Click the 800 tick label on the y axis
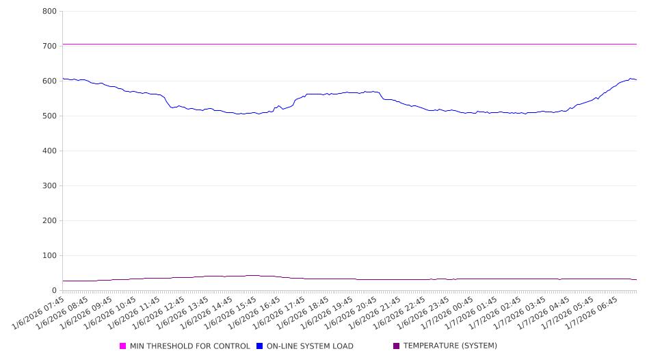click(49, 12)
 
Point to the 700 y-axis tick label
click(49, 47)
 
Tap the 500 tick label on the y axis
click(49, 116)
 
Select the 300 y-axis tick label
click(49, 186)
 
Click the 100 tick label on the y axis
click(49, 256)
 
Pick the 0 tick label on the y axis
click(53, 291)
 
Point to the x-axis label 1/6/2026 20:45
click(354, 312)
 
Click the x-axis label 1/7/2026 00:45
click(449, 312)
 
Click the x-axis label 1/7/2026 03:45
click(521, 312)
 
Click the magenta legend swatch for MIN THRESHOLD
click(123, 346)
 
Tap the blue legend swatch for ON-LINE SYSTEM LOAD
click(260, 346)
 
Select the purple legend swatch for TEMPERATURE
click(397, 346)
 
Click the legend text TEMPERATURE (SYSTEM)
click(450, 346)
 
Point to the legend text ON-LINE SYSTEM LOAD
click(310, 346)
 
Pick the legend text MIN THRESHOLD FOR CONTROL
click(189, 346)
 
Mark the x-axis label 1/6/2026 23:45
click(425, 312)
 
